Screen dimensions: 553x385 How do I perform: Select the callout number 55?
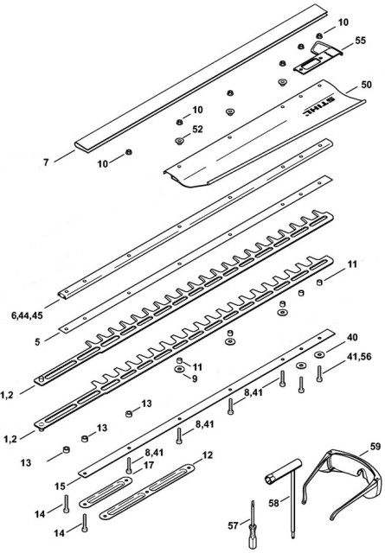[360, 41]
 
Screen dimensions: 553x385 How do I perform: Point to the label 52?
[197, 130]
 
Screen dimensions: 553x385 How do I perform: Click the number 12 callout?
[207, 454]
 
